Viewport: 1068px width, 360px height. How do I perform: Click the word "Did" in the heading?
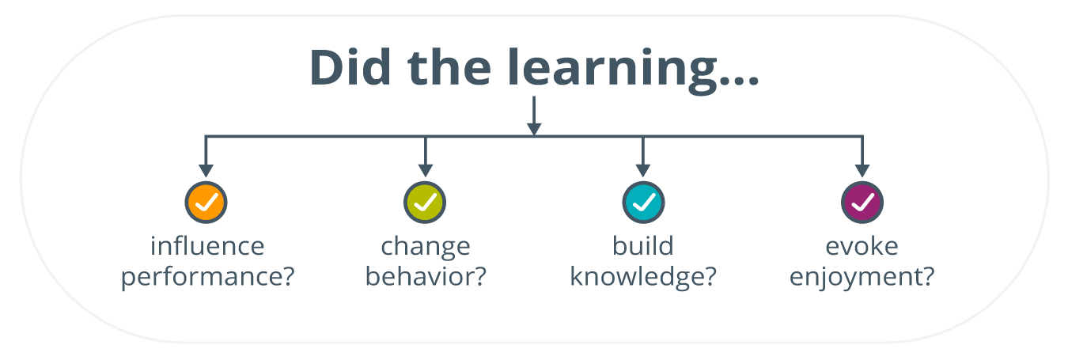pyautogui.click(x=350, y=67)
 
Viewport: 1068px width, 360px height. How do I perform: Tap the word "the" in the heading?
pyautogui.click(x=449, y=67)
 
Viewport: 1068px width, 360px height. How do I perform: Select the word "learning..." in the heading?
pyautogui.click(x=633, y=71)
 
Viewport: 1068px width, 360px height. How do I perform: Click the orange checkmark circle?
pyautogui.click(x=206, y=203)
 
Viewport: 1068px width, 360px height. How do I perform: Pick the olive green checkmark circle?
pyautogui.click(x=425, y=203)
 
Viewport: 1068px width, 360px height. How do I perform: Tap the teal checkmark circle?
pyautogui.click(x=643, y=203)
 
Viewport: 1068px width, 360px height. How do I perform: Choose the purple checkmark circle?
pyautogui.click(x=862, y=203)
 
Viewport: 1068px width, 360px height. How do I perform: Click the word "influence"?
pyautogui.click(x=207, y=246)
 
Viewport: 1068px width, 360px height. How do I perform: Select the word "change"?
pyautogui.click(x=426, y=248)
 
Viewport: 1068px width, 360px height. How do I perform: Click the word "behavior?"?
pyautogui.click(x=426, y=275)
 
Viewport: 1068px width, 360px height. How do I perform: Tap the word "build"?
pyautogui.click(x=642, y=246)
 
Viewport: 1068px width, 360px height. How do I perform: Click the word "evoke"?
pyautogui.click(x=862, y=246)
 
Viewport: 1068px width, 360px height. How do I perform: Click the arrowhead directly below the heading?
pyautogui.click(x=534, y=129)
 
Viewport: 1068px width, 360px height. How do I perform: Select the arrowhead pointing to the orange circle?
pyautogui.click(x=206, y=171)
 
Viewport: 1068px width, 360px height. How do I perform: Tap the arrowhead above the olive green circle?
pyautogui.click(x=426, y=171)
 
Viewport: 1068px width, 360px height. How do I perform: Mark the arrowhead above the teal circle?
pyautogui.click(x=643, y=171)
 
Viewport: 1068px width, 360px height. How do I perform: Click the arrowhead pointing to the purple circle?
pyautogui.click(x=862, y=171)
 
